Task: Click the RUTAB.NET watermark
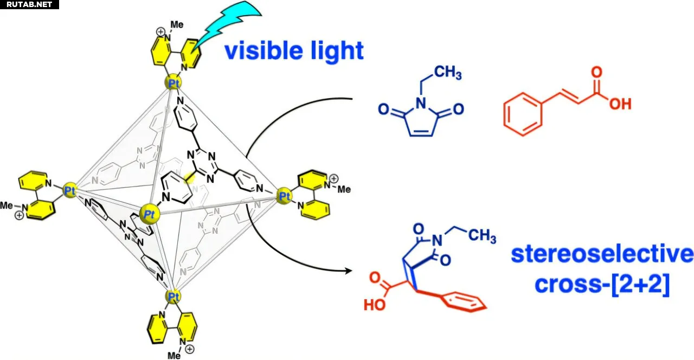(28, 5)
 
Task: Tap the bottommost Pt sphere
(172, 297)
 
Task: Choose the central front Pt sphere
(150, 214)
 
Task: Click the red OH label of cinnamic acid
(620, 103)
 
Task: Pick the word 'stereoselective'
(602, 254)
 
